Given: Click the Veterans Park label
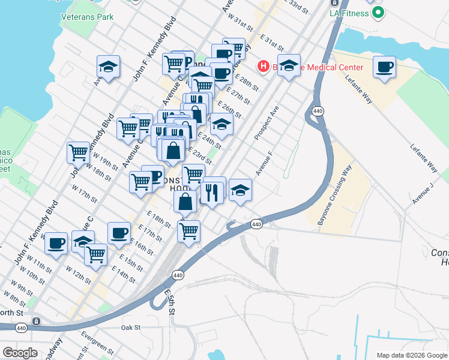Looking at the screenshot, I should [87, 17].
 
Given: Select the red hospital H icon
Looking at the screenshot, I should [262, 67].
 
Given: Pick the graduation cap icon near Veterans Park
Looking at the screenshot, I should [109, 67].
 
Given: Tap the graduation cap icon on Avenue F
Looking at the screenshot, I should [240, 190].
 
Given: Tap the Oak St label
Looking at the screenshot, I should [130, 328].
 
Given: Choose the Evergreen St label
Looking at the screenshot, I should [98, 343].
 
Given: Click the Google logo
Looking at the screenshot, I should [20, 353].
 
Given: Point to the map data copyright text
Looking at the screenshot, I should [411, 355].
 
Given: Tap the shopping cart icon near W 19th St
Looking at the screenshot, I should [78, 154].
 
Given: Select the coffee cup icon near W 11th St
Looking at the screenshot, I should [56, 243].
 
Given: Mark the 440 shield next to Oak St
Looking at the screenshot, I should [36, 322].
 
